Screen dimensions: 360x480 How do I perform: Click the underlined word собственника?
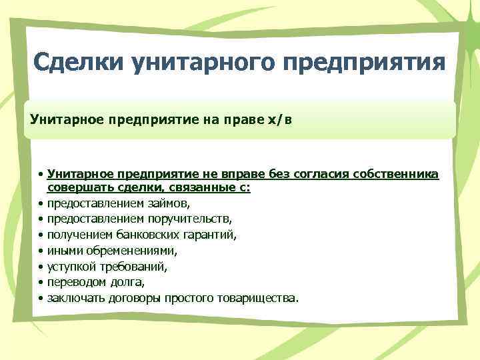[x=399, y=175]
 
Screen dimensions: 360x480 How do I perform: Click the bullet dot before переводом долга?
[x=41, y=282]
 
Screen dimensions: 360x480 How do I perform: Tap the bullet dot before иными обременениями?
[x=41, y=251]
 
